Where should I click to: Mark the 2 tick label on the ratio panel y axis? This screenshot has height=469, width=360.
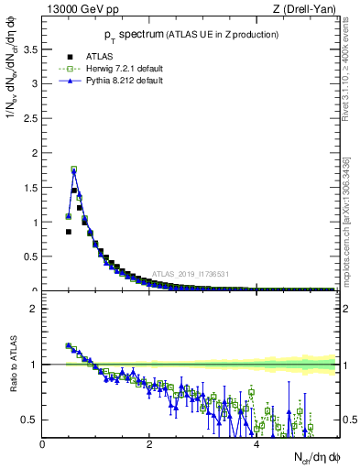pyautogui.click(x=35, y=309)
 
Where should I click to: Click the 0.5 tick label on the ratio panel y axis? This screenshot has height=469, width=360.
pyautogui.click(x=30, y=420)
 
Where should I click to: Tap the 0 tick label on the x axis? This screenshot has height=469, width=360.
pyautogui.click(x=43, y=444)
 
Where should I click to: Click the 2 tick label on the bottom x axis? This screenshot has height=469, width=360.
pyautogui.click(x=149, y=444)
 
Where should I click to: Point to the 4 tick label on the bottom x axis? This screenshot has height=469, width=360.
pyautogui.click(x=256, y=444)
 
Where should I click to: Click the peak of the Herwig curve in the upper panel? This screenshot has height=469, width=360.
pyautogui.click(x=74, y=169)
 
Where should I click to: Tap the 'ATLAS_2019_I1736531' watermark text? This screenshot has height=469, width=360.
pyautogui.click(x=190, y=273)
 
